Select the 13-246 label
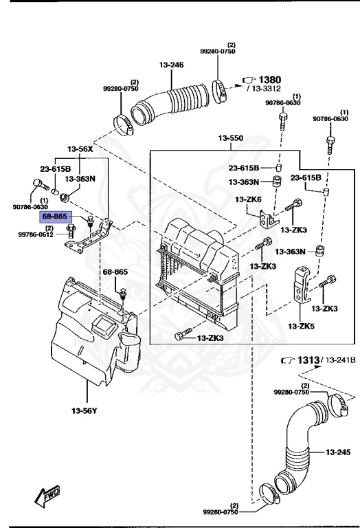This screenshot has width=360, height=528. click(x=172, y=65)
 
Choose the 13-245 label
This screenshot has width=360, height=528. click(x=339, y=452)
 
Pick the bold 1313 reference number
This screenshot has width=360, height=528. click(x=309, y=361)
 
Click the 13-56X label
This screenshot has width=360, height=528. click(x=80, y=148)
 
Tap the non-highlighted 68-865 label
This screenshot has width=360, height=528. click(x=115, y=272)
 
